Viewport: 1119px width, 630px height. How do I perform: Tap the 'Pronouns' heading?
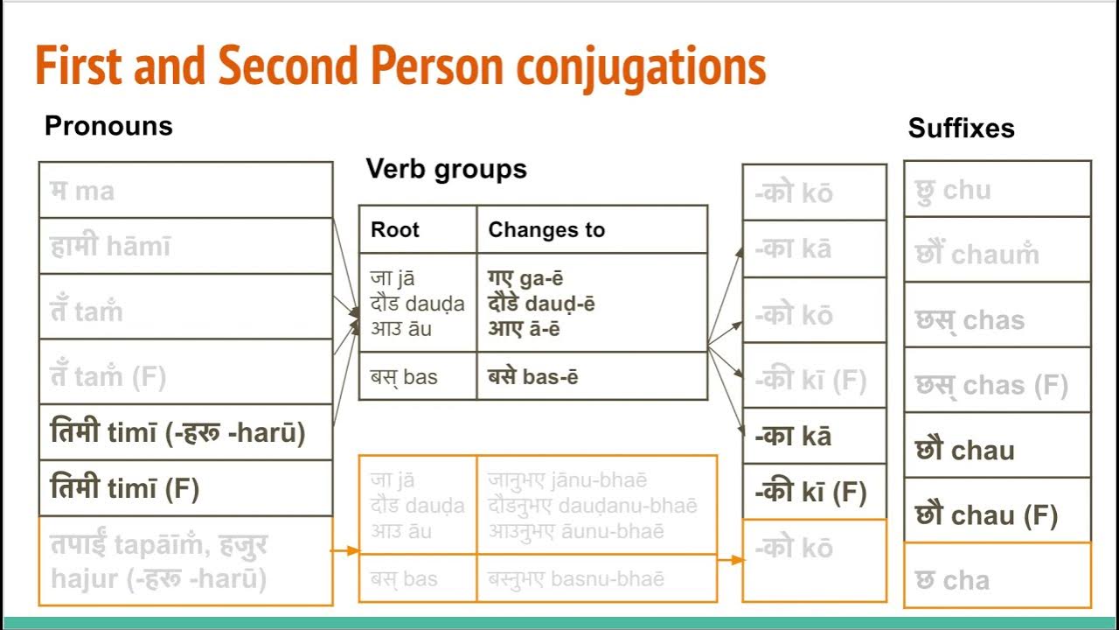(x=108, y=126)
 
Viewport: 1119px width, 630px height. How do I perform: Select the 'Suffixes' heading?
(x=961, y=129)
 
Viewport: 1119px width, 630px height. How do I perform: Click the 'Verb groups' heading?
(x=446, y=169)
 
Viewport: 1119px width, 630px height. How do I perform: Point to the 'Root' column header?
(x=395, y=230)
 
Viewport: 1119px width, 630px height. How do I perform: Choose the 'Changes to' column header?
(x=546, y=230)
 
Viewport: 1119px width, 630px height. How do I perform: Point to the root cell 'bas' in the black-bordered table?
(x=404, y=378)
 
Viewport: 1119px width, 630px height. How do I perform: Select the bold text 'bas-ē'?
(x=532, y=378)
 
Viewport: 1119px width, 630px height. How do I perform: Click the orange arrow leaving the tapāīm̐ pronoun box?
(x=345, y=551)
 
